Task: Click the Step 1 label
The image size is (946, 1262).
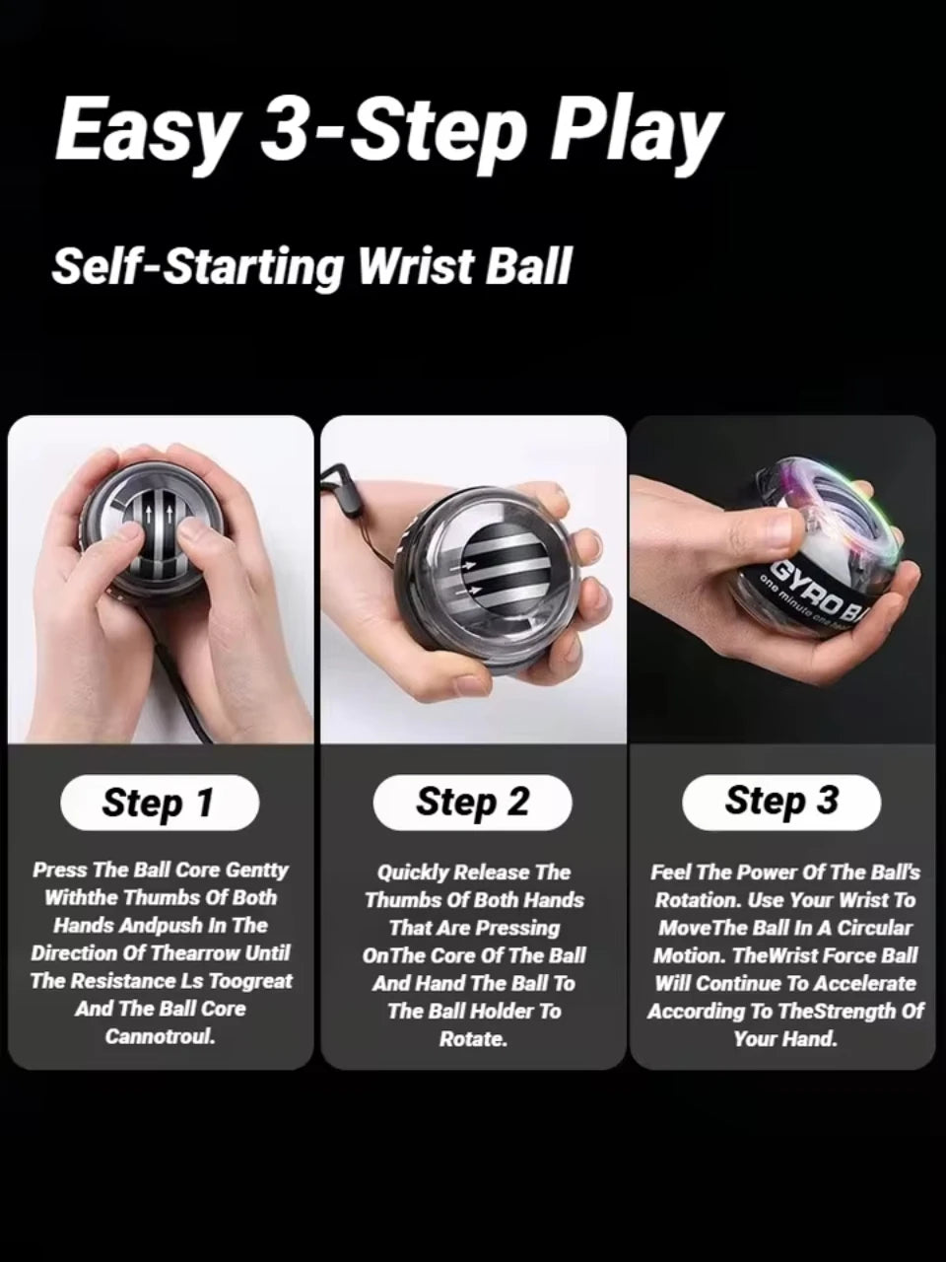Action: pyautogui.click(x=159, y=804)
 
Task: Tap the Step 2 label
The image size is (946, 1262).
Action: pyautogui.click(x=472, y=803)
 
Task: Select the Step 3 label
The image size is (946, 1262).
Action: pyautogui.click(x=781, y=801)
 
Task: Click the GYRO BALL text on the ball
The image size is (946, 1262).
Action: pyautogui.click(x=817, y=592)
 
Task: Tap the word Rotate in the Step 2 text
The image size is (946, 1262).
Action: pyautogui.click(x=473, y=1039)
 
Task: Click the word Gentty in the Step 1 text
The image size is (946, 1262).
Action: pyautogui.click(x=257, y=870)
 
